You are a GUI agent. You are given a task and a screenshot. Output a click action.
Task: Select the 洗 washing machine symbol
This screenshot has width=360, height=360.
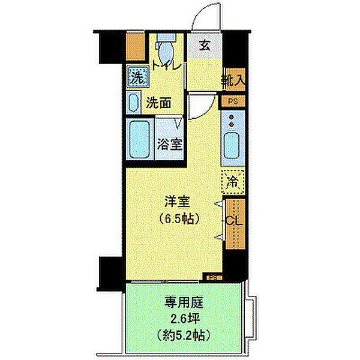pyautogui.click(x=137, y=77)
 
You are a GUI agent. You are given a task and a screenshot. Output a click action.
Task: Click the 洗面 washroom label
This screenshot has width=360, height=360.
pyautogui.click(x=159, y=103)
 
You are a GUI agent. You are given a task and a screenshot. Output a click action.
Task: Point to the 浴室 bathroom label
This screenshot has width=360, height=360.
pyautogui.click(x=170, y=144)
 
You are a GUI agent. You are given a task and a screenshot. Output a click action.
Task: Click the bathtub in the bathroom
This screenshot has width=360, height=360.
pyautogui.click(x=140, y=139)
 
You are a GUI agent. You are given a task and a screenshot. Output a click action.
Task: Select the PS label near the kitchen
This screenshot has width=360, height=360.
pyautogui.click(x=232, y=101)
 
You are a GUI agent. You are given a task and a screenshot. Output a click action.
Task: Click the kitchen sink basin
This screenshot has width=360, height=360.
pyautogui.click(x=232, y=146)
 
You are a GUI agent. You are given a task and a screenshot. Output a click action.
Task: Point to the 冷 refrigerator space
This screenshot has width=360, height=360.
pyautogui.click(x=233, y=180)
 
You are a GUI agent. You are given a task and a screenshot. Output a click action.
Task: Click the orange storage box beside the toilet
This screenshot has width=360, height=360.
pyautogui.click(x=136, y=46)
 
